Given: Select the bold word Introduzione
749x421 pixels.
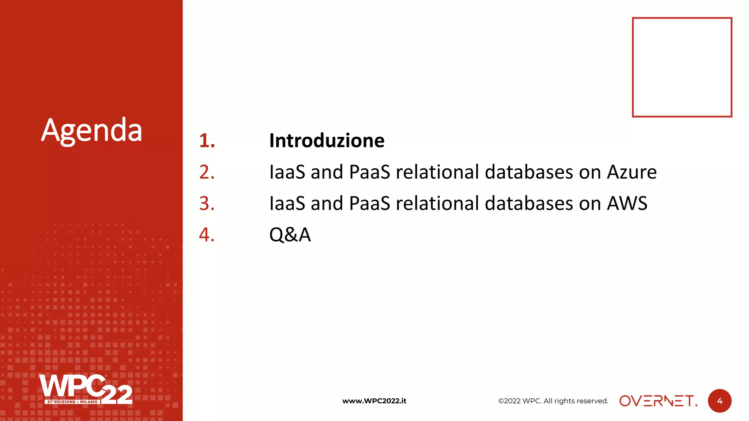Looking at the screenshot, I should point(327,141).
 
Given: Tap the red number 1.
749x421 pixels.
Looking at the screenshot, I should point(207,141).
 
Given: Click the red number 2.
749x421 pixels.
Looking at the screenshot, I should point(207,172).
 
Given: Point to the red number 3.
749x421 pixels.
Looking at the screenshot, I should point(207,204).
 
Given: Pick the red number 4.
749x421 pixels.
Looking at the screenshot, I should point(207,235).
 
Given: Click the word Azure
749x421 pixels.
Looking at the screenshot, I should point(632,172).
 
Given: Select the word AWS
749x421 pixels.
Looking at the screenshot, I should point(627,204).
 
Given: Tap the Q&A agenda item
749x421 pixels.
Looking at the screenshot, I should point(290,235).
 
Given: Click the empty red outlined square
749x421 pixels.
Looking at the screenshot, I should point(682,67).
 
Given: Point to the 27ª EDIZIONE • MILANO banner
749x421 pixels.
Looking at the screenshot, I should point(72,402).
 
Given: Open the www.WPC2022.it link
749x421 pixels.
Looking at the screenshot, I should point(374,401).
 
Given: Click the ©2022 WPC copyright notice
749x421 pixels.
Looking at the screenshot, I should point(553,401).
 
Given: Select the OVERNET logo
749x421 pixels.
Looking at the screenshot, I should point(658,401).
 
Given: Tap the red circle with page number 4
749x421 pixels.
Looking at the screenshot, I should point(719,401).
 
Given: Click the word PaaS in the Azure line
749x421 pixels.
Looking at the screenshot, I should point(369,172).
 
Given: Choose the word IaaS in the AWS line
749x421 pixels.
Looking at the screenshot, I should point(287,204).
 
